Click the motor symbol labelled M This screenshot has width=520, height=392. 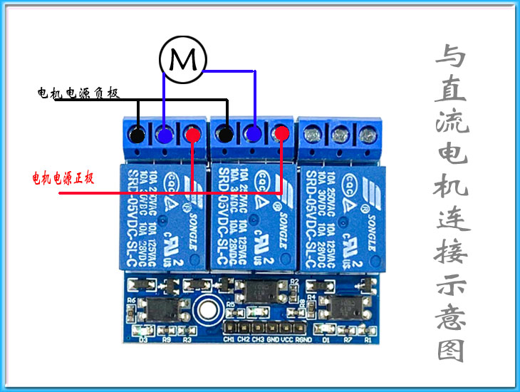click(182, 59)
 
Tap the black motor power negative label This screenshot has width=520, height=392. click(78, 93)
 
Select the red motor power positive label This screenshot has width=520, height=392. click(63, 177)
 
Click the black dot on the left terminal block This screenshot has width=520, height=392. click(137, 135)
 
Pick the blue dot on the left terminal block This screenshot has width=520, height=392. click(165, 135)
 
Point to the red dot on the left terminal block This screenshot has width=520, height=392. click(192, 135)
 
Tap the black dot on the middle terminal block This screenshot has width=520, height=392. click(226, 133)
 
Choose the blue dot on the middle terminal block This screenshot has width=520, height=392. click(254, 133)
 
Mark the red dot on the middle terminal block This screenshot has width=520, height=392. click(281, 133)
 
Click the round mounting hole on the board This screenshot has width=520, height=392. click(207, 310)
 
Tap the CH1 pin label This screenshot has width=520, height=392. click(229, 339)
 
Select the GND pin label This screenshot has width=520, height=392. click(272, 339)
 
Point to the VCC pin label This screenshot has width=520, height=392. click(288, 339)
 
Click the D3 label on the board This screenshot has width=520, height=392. click(143, 340)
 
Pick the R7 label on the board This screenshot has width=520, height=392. click(348, 340)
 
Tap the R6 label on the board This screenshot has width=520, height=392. click(131, 300)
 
